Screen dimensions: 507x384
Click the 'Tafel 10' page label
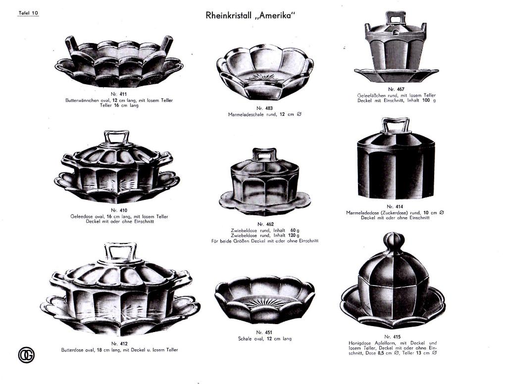pos(28,13)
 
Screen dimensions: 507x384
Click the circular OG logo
pos(26,355)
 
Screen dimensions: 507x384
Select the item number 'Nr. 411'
pos(119,94)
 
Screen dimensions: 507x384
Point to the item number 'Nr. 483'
pos(264,108)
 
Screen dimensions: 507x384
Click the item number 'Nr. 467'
pos(396,89)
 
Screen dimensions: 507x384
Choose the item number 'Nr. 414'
pos(395,206)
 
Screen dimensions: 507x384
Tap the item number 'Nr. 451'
pos(264,332)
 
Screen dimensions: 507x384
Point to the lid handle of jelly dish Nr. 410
pos(116,138)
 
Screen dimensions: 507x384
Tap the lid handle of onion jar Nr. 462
pos(264,154)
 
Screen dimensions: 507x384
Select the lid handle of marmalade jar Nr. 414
pos(396,125)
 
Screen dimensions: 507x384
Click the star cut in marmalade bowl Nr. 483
pos(264,78)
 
